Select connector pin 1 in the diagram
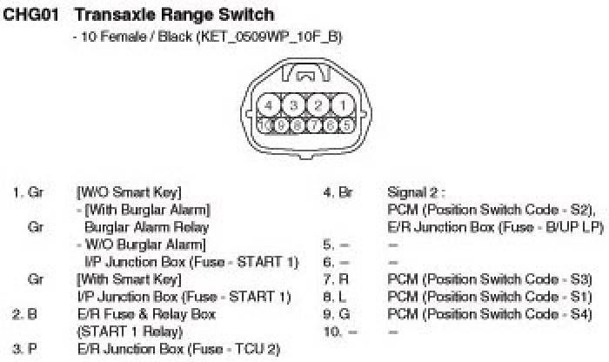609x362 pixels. [344, 105]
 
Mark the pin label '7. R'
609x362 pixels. [333, 278]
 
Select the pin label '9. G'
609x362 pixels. [333, 313]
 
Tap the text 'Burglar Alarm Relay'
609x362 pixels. [146, 226]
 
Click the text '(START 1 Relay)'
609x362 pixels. [126, 331]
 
